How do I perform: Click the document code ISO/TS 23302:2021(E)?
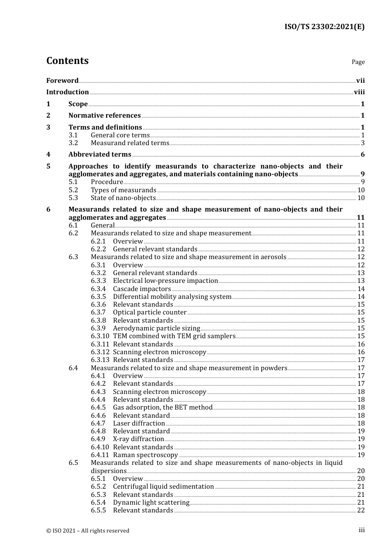[x=324, y=27]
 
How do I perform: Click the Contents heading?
[x=67, y=61]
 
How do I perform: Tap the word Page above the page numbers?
[x=358, y=62]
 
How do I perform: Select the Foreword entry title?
[x=62, y=80]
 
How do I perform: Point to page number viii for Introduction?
[x=359, y=92]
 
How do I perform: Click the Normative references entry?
[x=104, y=116]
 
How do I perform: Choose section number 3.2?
[x=73, y=143]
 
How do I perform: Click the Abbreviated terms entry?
[x=100, y=155]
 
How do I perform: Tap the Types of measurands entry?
[x=123, y=190]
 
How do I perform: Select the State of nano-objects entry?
[x=123, y=198]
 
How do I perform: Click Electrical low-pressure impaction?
[x=165, y=281]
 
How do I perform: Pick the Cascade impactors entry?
[x=142, y=289]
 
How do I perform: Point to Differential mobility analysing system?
[x=172, y=297]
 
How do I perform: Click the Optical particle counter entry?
[x=149, y=312]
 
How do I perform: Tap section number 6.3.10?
[x=100, y=336]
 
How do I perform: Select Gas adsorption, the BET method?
[x=163, y=408]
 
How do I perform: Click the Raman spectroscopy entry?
[x=145, y=455]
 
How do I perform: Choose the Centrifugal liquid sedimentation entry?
[x=163, y=487]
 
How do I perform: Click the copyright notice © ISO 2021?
[x=88, y=531]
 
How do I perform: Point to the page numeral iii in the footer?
[x=362, y=530]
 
